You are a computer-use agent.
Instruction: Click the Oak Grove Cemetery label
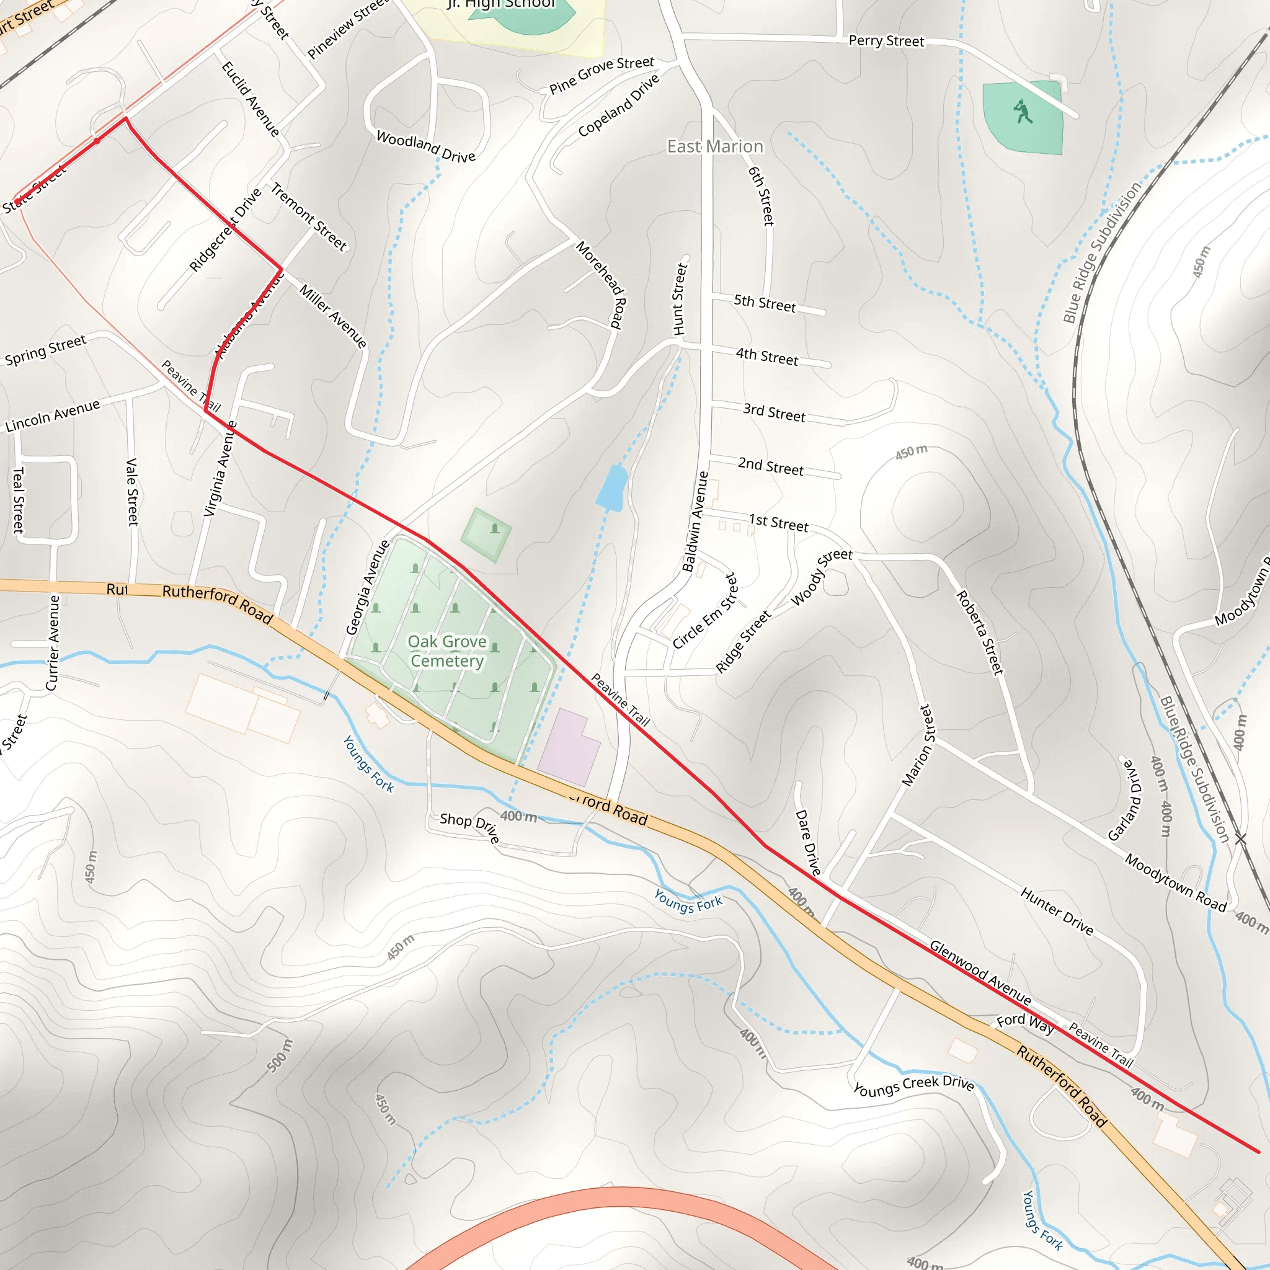coord(447,651)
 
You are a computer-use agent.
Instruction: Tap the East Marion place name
coord(715,146)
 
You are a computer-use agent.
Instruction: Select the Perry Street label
coord(886,41)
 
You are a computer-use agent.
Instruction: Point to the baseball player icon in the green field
coord(1022,111)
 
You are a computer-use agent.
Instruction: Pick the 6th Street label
coord(762,196)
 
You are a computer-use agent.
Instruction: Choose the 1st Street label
coord(779,523)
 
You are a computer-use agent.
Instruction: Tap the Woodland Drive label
coord(426,146)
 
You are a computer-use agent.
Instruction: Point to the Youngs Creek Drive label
coord(913,1085)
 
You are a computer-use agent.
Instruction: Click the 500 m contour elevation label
coord(280,1055)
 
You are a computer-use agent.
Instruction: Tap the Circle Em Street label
coord(706,611)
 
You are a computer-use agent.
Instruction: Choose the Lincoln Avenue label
coord(53,415)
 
